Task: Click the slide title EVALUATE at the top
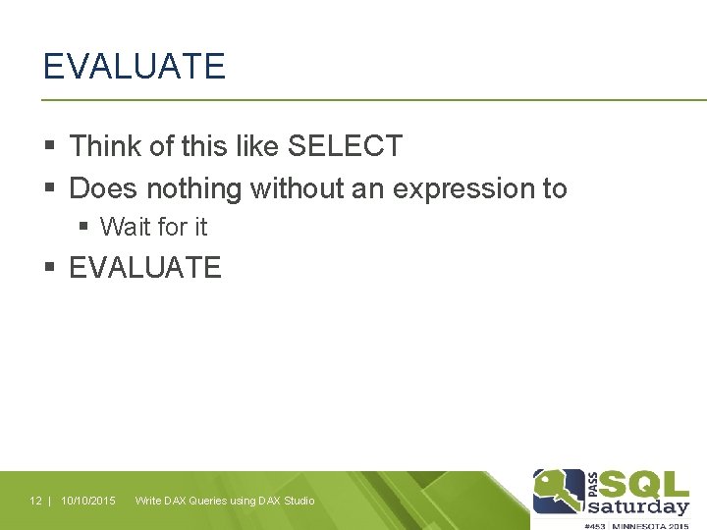point(135,67)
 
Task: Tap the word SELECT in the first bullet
point(345,146)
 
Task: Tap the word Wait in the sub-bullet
point(123,227)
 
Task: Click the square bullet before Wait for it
point(84,227)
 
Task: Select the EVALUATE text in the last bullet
point(145,267)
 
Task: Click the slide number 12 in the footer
point(35,501)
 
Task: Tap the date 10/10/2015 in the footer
point(88,501)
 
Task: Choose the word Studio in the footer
point(299,501)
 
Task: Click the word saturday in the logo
point(638,506)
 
